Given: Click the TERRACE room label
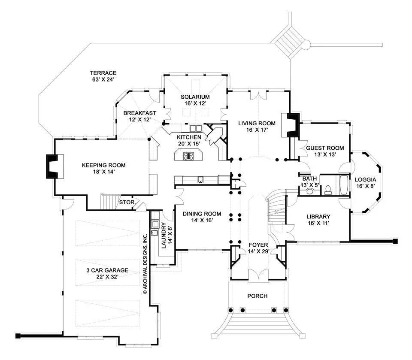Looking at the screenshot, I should tap(103, 73).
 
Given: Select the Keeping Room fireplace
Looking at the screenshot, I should tap(53, 166).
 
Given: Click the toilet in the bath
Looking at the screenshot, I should tap(328, 189).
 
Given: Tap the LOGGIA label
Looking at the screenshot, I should tap(365, 179).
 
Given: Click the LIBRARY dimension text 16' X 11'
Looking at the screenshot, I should tap(318, 224).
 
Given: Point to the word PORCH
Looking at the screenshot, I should tap(257, 296).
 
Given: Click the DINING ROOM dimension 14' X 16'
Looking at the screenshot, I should tap(202, 220).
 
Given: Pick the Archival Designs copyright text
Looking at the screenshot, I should tap(145, 263).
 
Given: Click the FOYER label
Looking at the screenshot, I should tap(258, 245).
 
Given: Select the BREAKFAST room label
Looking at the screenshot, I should tap(139, 113).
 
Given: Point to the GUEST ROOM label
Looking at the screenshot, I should tap(324, 148).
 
